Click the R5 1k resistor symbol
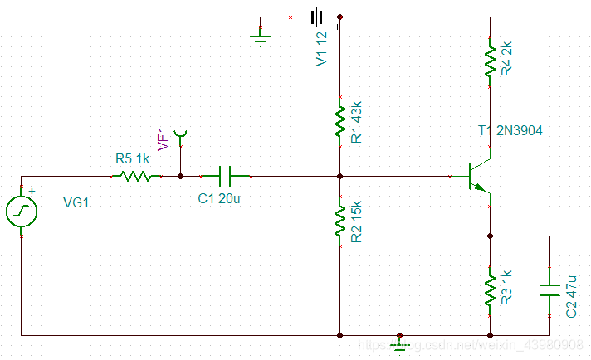point(134,176)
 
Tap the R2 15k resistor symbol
point(339,221)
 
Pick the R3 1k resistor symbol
point(490,289)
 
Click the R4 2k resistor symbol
point(490,61)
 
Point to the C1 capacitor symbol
point(225,176)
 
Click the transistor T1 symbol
point(476,176)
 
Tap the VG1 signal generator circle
point(20,212)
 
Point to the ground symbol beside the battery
point(260,33)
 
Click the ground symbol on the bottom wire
point(399,342)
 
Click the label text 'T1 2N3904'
point(510,130)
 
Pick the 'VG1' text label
point(76,203)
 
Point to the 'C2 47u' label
point(571,295)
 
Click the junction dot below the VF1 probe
point(181,176)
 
